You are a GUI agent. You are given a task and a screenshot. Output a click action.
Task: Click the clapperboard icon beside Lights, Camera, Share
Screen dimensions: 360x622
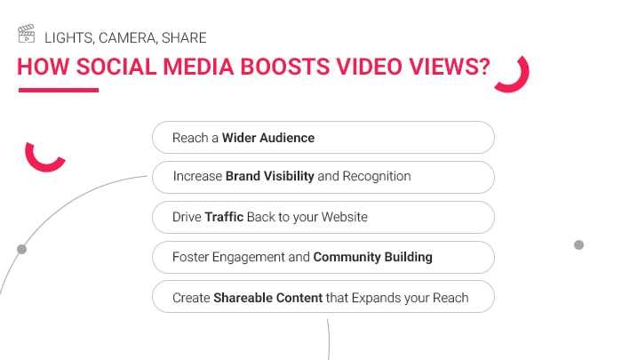point(27,36)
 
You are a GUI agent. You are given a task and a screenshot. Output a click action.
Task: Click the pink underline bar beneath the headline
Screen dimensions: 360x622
point(58,90)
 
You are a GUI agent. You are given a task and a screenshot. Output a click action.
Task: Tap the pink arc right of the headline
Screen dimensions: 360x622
point(516,76)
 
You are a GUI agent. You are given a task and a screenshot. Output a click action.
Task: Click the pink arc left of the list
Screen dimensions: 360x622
point(44,158)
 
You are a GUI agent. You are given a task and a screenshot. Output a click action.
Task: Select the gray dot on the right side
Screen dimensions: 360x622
point(578,244)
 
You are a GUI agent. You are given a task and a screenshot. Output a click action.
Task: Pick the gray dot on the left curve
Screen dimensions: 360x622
point(21,250)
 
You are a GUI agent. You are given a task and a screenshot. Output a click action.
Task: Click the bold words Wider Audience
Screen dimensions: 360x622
point(268,138)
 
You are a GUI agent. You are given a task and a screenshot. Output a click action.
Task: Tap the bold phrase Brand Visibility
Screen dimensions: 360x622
point(270,176)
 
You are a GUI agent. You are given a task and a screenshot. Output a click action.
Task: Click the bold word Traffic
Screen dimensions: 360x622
point(224,216)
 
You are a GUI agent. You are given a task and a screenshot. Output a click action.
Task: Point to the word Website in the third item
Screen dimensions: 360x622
point(344,216)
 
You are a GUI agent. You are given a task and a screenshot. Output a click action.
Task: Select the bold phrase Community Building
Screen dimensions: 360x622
point(373,257)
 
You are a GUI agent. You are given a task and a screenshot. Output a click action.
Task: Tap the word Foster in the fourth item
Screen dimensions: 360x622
point(190,257)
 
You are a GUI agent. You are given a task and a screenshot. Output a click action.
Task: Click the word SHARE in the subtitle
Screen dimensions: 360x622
point(184,37)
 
